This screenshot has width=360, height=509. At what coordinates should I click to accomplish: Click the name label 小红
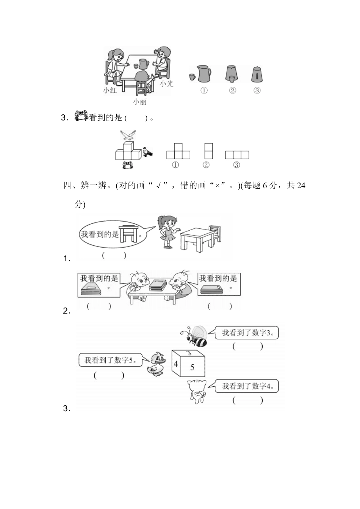pyautogui.click(x=110, y=90)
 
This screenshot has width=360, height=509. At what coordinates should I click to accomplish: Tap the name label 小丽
pyautogui.click(x=139, y=102)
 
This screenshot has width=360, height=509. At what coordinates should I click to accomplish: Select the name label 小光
pyautogui.click(x=166, y=83)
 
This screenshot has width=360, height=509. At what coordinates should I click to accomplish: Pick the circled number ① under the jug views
pyautogui.click(x=204, y=91)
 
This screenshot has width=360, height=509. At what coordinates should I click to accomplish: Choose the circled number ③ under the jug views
pyautogui.click(x=257, y=91)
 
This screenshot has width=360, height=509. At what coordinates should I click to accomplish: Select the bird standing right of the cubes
pyautogui.click(x=147, y=152)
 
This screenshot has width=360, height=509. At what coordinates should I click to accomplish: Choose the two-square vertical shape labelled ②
pyautogui.click(x=208, y=151)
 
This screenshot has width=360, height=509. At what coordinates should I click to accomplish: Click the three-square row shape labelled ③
pyautogui.click(x=237, y=155)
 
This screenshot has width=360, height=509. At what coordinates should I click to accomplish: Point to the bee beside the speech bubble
pyautogui.click(x=195, y=336)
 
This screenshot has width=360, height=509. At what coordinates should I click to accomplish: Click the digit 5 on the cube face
pyautogui.click(x=192, y=367)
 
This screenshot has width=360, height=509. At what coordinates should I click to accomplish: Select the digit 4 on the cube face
pyautogui.click(x=176, y=364)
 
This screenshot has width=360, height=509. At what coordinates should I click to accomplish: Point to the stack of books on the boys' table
pyautogui.click(x=158, y=285)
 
